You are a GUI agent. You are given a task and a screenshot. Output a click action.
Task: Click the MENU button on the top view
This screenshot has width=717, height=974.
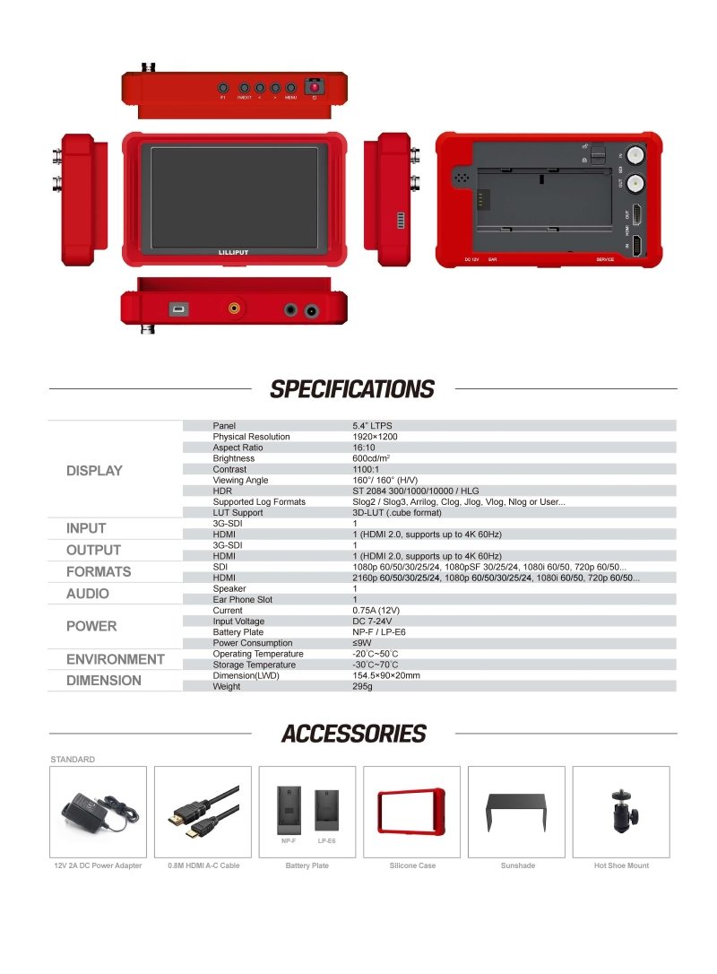tap(290, 88)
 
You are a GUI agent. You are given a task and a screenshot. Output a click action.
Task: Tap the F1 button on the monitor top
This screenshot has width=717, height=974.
tap(223, 88)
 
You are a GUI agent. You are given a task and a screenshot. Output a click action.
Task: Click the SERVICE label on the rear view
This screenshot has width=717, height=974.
tap(606, 259)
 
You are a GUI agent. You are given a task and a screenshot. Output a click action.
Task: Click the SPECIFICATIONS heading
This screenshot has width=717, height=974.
tap(352, 389)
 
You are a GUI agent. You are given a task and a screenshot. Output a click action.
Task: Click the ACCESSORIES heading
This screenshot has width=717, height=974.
tap(353, 734)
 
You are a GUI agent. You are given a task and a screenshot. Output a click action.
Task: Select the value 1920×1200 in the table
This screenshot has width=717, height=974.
tap(375, 437)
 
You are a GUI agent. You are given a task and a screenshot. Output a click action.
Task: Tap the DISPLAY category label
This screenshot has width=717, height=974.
tap(94, 471)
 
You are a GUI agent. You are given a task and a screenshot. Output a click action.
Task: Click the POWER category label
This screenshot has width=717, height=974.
tap(91, 626)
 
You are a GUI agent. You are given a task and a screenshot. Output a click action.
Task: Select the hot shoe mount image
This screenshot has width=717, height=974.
tap(620, 812)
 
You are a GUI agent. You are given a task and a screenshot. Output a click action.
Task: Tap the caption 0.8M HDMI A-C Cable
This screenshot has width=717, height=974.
tap(203, 865)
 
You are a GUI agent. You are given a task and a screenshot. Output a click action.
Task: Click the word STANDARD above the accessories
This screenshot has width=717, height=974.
tap(73, 760)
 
